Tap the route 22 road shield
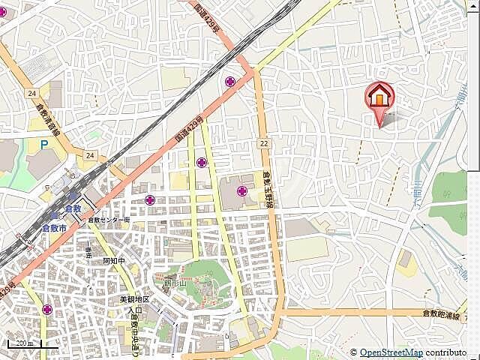coord(264,142)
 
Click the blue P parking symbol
coord(44,144)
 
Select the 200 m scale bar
coord(23,343)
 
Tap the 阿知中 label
coord(114,262)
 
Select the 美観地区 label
coord(135,299)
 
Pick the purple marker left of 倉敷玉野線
coord(242,191)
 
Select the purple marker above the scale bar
coord(49,309)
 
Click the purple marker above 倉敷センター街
coord(151,200)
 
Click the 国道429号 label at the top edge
coord(210,16)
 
